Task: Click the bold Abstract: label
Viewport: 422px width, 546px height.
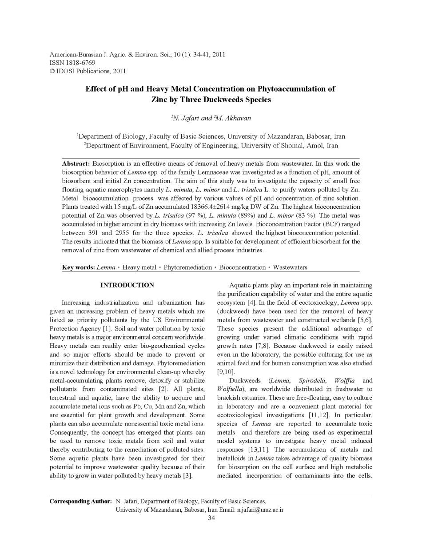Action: tap(76, 163)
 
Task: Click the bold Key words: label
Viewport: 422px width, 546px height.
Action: tap(78, 267)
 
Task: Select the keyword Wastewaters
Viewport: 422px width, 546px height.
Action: tap(290, 267)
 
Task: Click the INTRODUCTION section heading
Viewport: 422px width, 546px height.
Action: tap(127, 285)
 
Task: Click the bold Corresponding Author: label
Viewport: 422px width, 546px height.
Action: tap(80, 502)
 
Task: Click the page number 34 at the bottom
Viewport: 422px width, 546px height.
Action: tap(211, 518)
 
